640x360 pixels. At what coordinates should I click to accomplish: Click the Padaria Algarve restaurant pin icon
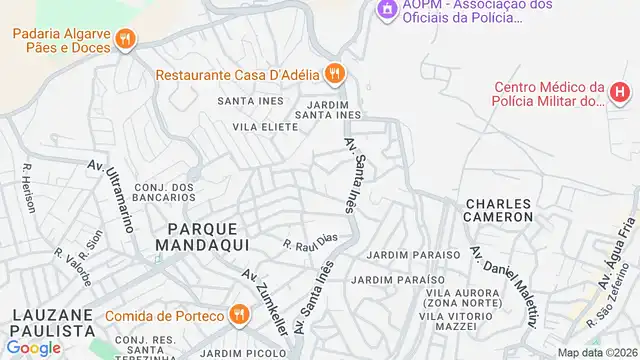point(124,40)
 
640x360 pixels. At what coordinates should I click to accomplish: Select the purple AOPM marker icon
point(386,9)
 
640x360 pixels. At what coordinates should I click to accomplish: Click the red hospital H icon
point(620,95)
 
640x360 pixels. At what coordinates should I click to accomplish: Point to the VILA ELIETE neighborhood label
point(265,127)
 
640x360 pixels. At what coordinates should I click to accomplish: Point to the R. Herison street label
point(28,188)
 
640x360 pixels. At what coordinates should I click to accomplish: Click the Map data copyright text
point(597,352)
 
